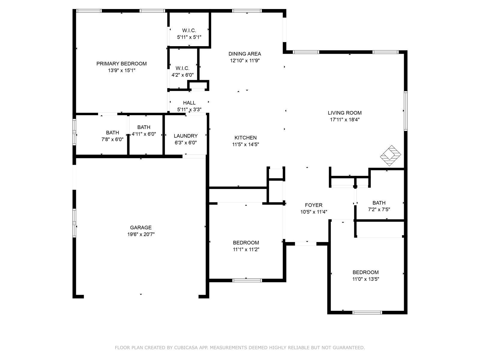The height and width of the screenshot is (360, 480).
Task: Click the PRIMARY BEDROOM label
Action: tap(121, 64)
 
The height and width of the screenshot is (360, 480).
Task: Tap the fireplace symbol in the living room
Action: tap(390, 156)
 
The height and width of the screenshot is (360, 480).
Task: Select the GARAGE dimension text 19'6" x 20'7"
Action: tap(141, 234)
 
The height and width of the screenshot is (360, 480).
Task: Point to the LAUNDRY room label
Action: tap(186, 136)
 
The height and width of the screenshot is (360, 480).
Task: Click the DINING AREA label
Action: tap(245, 54)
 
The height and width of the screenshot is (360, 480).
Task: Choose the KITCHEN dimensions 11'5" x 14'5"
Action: tap(246, 144)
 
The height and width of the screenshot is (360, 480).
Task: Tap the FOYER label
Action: tap(313, 205)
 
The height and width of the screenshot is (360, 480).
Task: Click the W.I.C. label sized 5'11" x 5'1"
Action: tap(189, 30)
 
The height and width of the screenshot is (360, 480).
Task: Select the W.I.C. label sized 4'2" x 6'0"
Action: tap(182, 68)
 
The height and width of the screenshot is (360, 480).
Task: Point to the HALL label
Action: tap(189, 103)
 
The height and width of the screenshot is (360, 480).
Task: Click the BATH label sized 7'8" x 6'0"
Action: tap(112, 133)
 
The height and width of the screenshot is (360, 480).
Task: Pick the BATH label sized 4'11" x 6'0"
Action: tap(144, 127)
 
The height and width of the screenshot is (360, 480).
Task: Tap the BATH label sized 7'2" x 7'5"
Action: tap(379, 203)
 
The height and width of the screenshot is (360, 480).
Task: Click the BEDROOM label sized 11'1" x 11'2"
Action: tap(246, 243)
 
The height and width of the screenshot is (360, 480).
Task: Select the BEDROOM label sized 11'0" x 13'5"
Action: tap(366, 272)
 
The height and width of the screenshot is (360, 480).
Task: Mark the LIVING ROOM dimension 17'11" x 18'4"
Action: tap(345, 120)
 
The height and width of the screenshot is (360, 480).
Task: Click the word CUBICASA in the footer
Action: tap(185, 347)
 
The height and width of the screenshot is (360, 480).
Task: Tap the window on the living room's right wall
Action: tap(406, 111)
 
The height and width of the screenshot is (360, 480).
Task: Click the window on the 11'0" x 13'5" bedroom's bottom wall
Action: tap(367, 313)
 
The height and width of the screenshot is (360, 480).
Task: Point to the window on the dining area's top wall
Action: tap(247, 11)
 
